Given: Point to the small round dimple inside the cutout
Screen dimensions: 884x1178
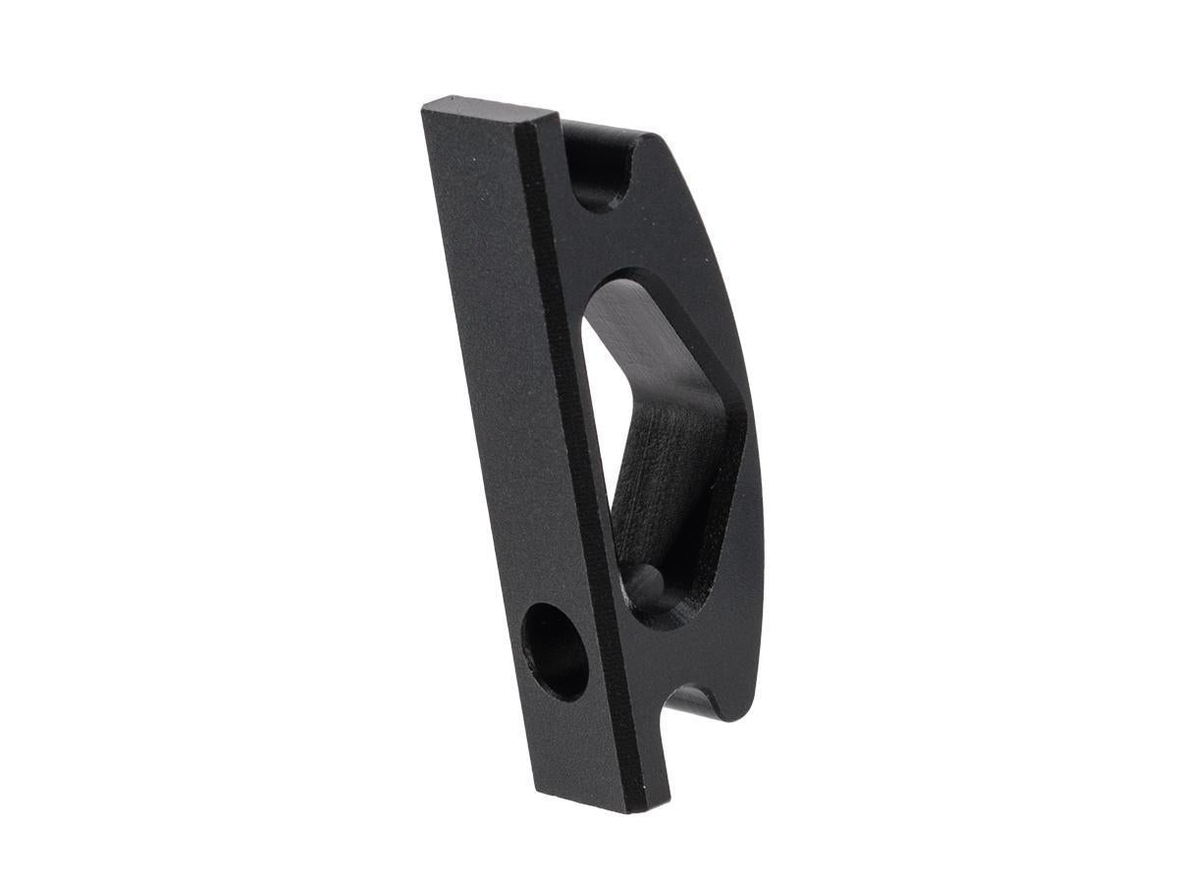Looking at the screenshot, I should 647,580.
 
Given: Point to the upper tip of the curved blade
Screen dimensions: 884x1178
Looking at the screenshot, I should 660,138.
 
